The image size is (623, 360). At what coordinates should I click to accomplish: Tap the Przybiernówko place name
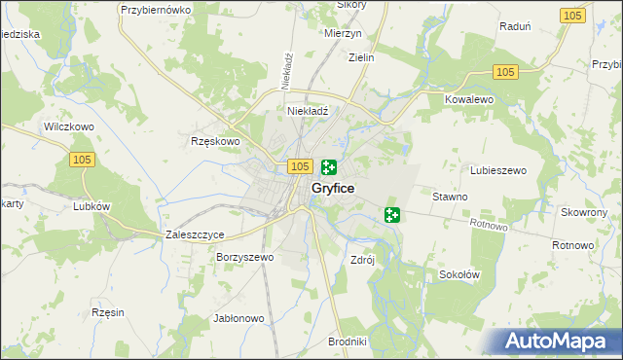[154, 9]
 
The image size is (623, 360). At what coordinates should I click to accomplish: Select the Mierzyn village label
[344, 32]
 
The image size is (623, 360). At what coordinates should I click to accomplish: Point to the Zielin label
[361, 57]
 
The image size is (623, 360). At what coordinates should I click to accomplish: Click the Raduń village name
[515, 27]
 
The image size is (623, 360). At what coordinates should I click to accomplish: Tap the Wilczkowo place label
[68, 126]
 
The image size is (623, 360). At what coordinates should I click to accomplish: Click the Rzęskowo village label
[214, 141]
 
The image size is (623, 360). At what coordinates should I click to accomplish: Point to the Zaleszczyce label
[196, 234]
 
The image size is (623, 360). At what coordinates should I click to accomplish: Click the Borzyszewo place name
[246, 258]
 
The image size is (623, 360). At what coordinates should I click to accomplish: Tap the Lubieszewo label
[498, 170]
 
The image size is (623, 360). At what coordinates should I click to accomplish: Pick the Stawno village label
[451, 197]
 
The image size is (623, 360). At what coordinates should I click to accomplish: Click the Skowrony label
[584, 211]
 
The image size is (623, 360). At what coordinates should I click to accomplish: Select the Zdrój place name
[362, 260]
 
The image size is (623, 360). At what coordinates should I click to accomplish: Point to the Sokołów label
[460, 274]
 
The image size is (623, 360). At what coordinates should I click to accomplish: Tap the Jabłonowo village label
[238, 318]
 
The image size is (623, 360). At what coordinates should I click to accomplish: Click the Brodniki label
[348, 342]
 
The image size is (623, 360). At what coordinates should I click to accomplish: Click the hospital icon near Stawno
[392, 214]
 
